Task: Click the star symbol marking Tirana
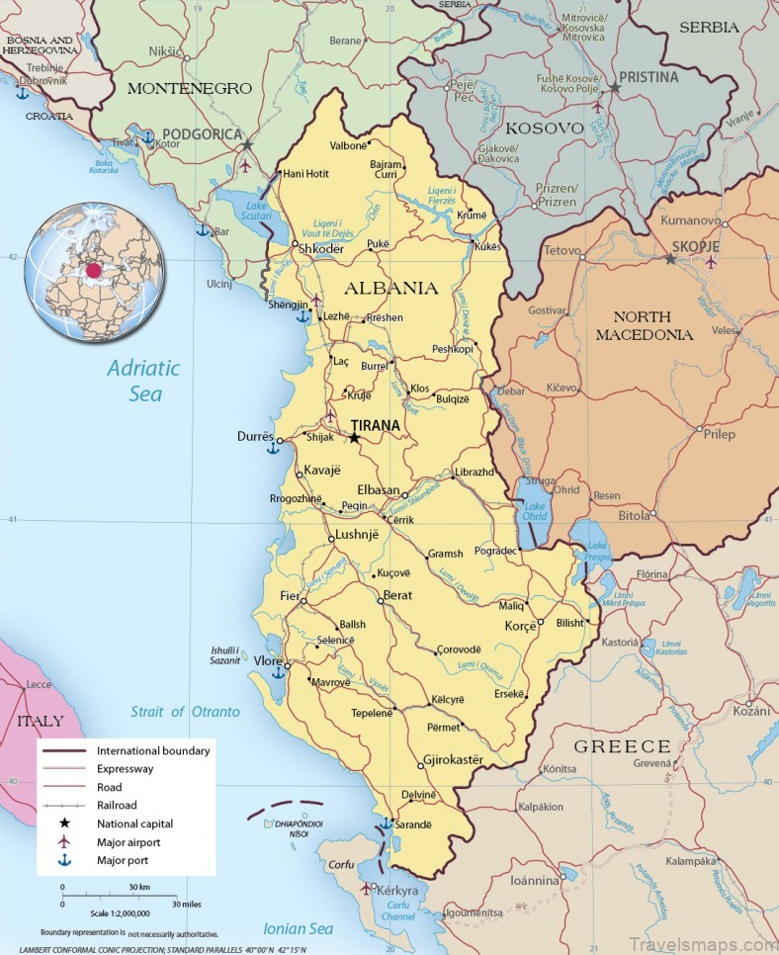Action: click(354, 438)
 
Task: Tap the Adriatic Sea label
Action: click(143, 381)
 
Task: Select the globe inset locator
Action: click(93, 268)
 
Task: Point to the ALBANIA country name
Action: click(390, 289)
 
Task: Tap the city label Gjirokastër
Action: click(453, 760)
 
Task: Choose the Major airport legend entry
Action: click(129, 841)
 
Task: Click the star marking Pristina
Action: click(614, 88)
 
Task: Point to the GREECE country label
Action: click(623, 746)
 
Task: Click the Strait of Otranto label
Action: click(185, 712)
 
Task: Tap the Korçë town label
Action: click(520, 627)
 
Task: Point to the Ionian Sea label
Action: click(299, 928)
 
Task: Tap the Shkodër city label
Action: click(321, 249)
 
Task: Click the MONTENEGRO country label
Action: click(189, 88)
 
